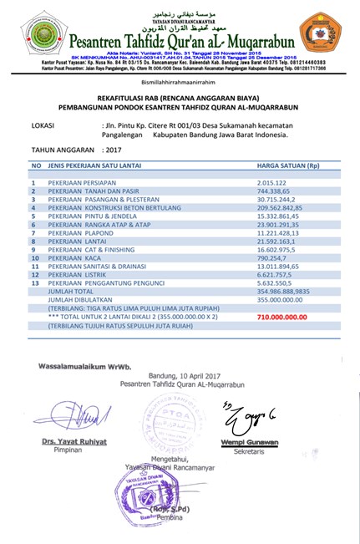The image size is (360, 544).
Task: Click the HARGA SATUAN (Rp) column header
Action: point(289,166)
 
